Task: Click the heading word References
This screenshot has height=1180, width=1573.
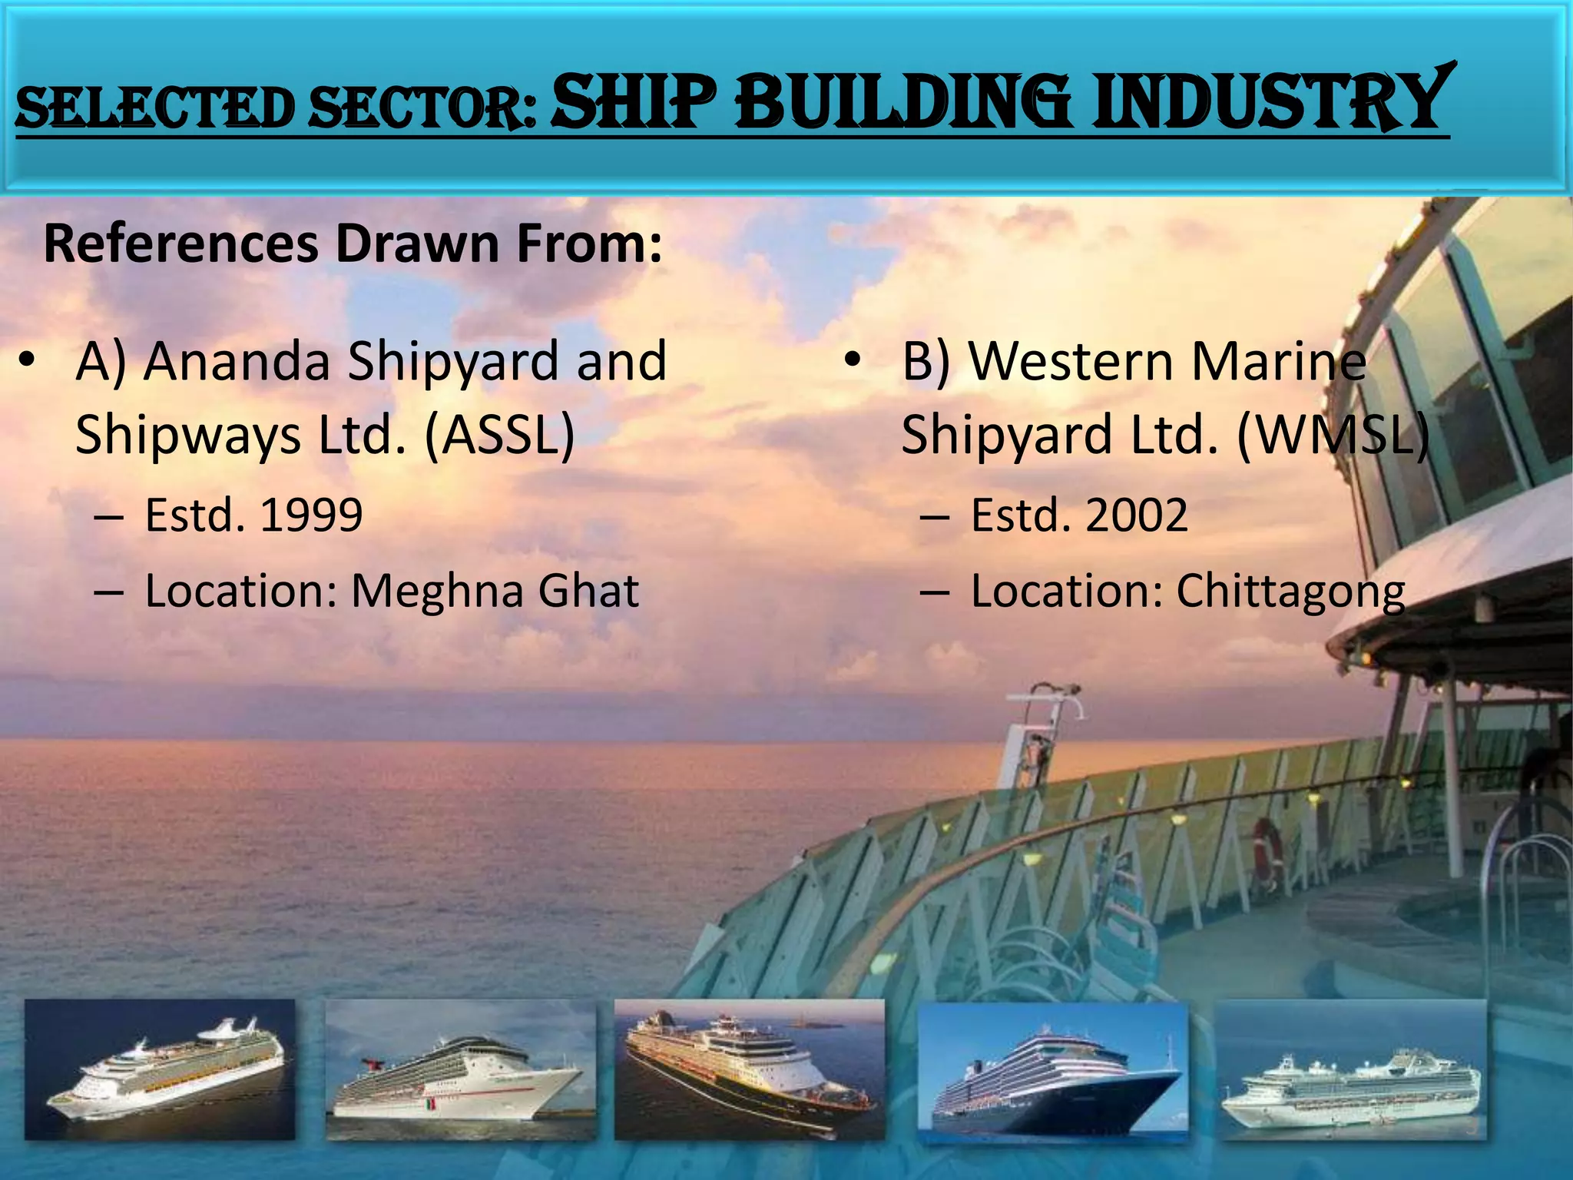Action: click(x=180, y=244)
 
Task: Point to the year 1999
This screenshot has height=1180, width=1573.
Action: click(x=311, y=515)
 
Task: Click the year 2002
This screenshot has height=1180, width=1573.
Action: click(x=1137, y=515)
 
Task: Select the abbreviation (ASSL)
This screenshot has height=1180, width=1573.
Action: click(x=498, y=435)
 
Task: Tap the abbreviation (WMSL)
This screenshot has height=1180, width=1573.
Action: click(x=1333, y=435)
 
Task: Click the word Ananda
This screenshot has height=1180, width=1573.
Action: click(x=237, y=361)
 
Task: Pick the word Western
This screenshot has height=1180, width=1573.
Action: click(x=1068, y=361)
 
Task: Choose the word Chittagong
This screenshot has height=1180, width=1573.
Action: click(x=1290, y=592)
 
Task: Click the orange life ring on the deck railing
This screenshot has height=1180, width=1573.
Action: click(x=1268, y=849)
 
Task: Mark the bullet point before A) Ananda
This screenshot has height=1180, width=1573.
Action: click(x=28, y=361)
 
